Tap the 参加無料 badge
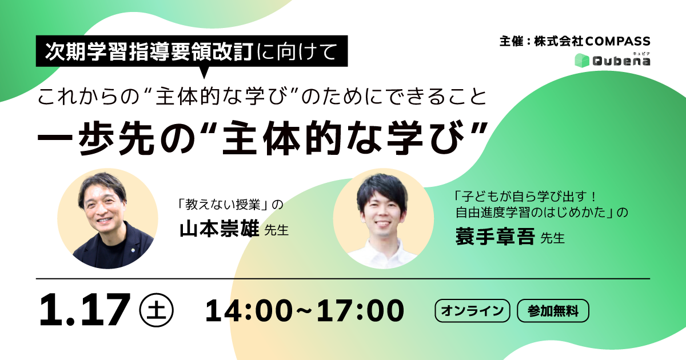point(553,311)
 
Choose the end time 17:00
point(361,311)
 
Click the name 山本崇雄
point(219,230)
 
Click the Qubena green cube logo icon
point(581,60)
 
